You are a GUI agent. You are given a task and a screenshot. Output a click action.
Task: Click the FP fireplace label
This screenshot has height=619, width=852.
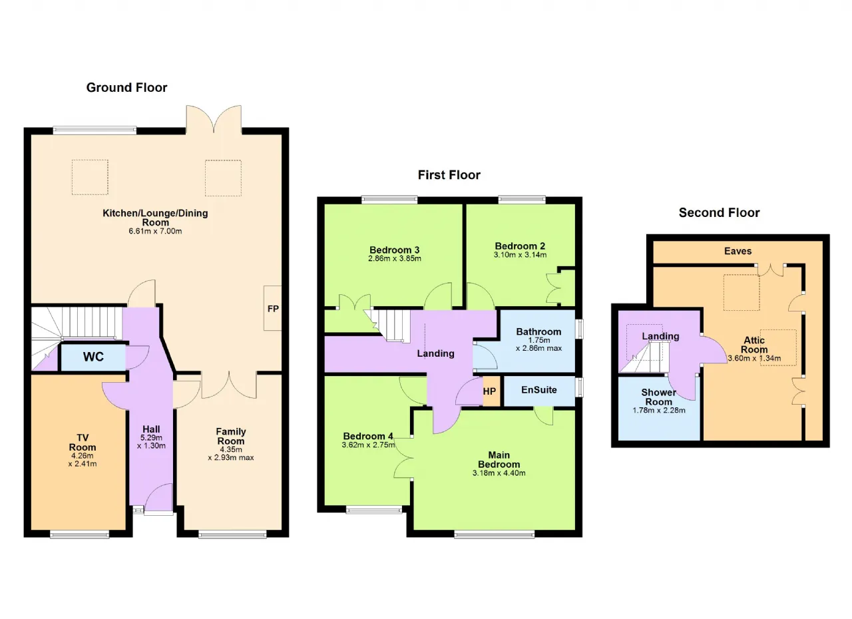(273, 309)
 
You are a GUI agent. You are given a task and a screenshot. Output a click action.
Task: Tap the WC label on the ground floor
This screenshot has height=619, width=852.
(93, 357)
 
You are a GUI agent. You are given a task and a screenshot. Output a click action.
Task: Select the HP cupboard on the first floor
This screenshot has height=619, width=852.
(489, 391)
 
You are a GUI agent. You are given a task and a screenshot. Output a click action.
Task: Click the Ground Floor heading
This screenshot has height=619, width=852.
(126, 87)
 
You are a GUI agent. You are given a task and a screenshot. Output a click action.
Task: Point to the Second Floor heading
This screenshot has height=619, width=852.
(720, 212)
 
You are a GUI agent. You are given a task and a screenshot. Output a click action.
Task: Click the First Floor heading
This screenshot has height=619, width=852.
(449, 175)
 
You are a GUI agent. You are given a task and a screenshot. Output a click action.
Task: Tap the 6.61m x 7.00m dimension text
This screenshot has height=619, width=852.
(155, 231)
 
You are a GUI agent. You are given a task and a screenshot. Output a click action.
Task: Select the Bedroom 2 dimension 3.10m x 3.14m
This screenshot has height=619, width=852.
(520, 255)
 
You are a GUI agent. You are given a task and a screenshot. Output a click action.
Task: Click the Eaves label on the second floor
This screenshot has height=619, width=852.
(738, 251)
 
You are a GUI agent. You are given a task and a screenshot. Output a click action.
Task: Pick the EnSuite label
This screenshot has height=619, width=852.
(539, 390)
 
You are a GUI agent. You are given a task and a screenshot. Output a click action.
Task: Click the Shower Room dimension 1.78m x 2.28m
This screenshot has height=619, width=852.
(659, 410)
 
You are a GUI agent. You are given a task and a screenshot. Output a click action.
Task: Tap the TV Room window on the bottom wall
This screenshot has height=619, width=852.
(79, 534)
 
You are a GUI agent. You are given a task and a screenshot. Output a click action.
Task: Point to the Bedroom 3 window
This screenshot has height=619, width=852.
(389, 199)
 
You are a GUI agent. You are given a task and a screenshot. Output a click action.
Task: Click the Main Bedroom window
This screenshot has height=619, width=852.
(495, 534)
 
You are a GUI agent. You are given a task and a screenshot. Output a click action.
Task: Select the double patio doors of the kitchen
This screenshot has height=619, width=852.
(214, 120)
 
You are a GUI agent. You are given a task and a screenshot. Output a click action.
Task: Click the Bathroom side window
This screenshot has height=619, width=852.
(579, 329)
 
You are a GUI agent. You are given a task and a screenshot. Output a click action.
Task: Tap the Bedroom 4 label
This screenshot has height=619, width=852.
(368, 436)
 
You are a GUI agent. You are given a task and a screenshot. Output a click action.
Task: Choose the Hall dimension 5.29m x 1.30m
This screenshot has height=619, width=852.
(151, 442)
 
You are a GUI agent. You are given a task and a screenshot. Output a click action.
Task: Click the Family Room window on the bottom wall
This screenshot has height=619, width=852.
(232, 534)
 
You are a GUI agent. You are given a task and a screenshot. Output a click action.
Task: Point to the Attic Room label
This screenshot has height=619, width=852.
(754, 345)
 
